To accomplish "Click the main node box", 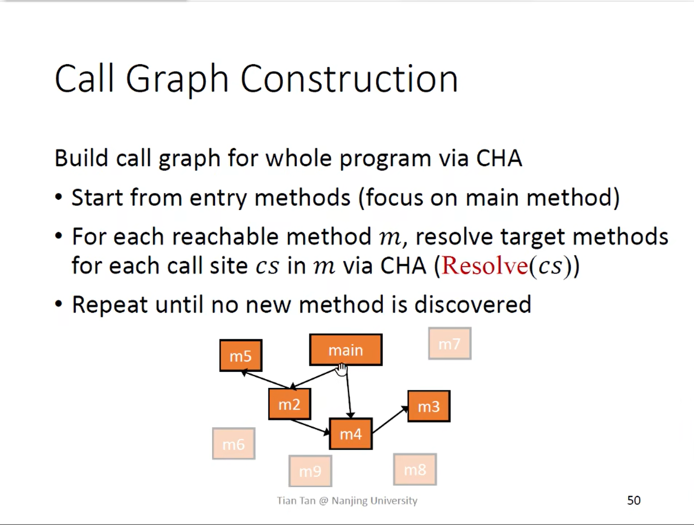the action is tap(346, 350).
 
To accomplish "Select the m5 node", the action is tap(241, 355).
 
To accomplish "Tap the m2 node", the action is tap(290, 404).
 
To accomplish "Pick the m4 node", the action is tap(350, 434).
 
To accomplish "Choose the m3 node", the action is tap(429, 406).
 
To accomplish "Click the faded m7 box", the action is tap(450, 344).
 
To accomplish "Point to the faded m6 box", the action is tap(234, 444).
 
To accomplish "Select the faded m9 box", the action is tap(310, 471).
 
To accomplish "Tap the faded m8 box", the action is tap(415, 469).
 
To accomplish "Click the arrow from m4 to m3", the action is tap(390, 420).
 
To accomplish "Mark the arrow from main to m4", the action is tap(349, 392).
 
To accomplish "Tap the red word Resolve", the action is tap(485, 266).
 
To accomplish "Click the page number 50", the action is tap(634, 500).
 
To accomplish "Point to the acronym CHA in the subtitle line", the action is tap(499, 158).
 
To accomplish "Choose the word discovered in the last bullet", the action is tap(473, 305).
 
